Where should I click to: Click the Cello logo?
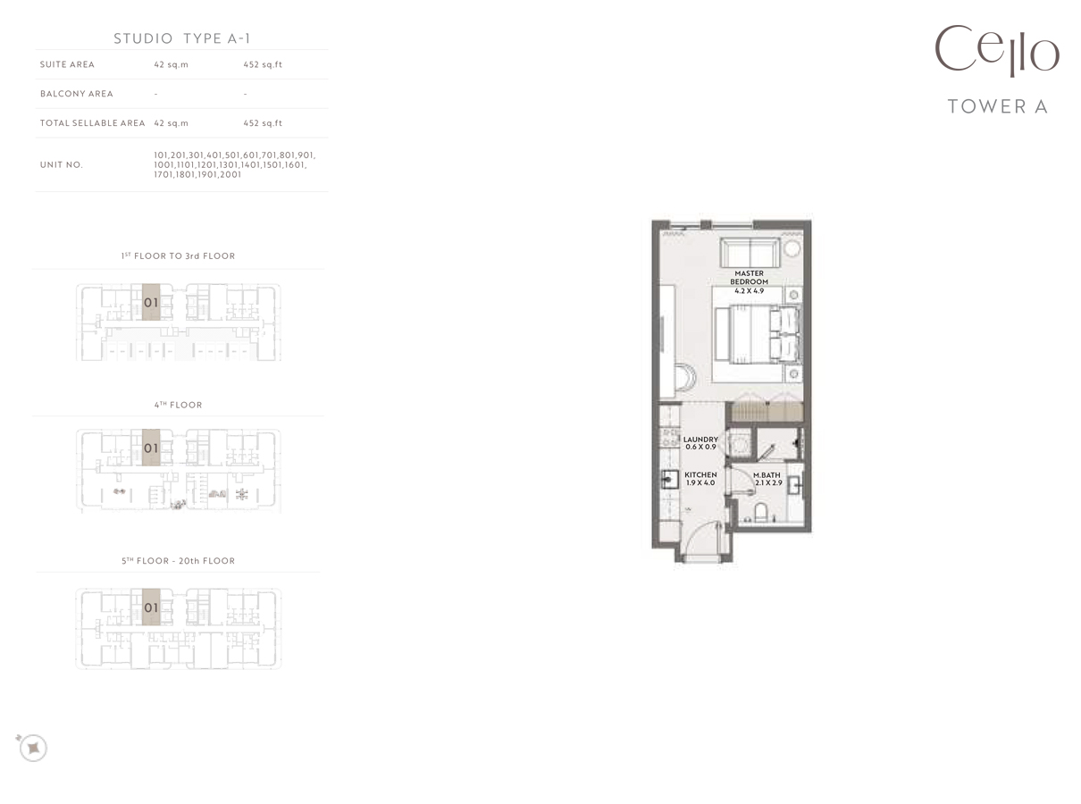(x=996, y=51)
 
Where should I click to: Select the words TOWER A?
(x=997, y=106)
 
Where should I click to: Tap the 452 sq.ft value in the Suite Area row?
(x=263, y=64)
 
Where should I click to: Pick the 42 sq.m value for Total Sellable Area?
(x=171, y=123)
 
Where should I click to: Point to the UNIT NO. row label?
(x=62, y=164)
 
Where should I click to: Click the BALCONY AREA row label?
(x=77, y=94)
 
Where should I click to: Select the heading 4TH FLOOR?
(x=178, y=405)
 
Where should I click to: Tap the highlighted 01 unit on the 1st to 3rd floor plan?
(x=151, y=303)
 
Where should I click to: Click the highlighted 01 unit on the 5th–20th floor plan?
(x=151, y=607)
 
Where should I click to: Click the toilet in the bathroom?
(x=762, y=513)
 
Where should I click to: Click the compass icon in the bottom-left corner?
(x=32, y=747)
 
